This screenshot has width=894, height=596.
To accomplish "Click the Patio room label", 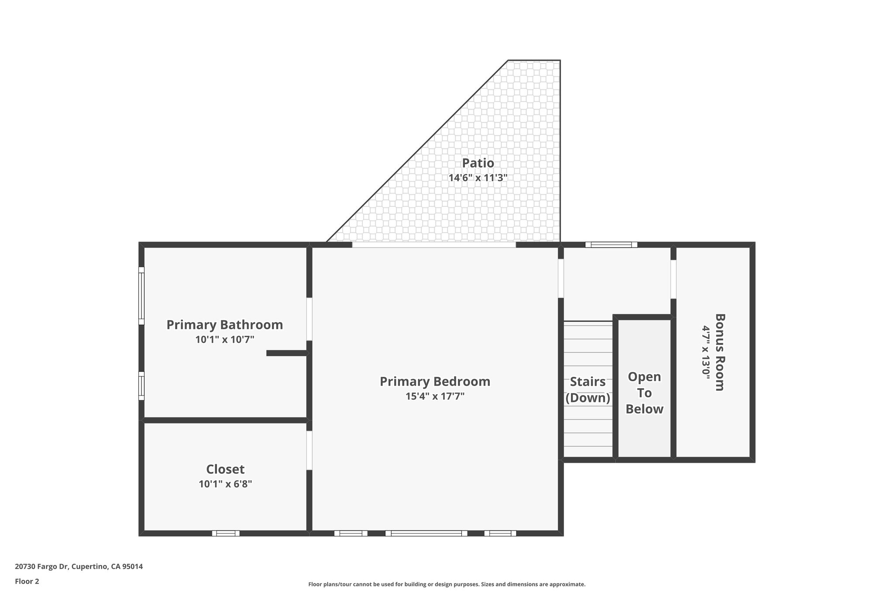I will point(478,163).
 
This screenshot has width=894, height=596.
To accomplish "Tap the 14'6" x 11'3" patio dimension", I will point(478,178).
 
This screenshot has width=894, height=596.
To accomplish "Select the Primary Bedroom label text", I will point(435,382).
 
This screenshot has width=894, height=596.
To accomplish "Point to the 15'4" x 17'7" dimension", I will point(435,396).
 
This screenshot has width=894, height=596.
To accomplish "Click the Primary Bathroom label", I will point(225,325).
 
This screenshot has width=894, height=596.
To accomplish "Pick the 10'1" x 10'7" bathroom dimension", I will point(225,340).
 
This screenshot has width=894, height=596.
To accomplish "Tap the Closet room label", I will point(225,469).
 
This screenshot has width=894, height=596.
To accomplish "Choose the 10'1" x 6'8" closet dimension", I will point(225,484).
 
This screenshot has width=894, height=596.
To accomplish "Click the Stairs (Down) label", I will point(588,389).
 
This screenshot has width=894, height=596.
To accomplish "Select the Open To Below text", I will point(644,393).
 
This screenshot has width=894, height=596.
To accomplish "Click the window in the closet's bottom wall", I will point(226,533).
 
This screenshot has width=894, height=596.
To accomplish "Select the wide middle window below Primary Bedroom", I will point(426,533).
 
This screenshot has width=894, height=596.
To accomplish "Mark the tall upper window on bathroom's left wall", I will point(141,296).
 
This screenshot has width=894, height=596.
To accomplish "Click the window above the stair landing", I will point(611,245).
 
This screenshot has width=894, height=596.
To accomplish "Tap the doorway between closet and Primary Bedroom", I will point(309,450).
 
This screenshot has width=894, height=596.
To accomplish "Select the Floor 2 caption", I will point(27,581).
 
